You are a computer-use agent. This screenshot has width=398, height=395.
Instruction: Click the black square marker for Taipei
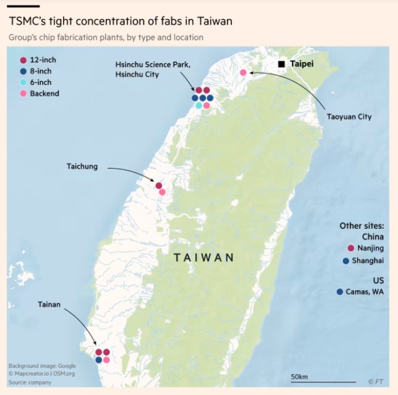coord(281,64)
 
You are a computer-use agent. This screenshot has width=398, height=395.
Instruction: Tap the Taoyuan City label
coord(349,116)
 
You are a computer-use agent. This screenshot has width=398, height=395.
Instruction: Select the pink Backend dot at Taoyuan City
coord(243,72)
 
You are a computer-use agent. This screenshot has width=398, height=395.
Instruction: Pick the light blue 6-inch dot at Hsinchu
coord(199,106)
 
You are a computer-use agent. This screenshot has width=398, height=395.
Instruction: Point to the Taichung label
coord(82,166)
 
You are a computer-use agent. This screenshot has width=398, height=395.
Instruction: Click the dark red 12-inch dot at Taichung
coord(159,185)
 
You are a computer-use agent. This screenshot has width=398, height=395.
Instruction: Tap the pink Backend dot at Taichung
coord(162,192)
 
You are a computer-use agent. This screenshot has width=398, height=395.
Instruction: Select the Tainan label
coord(49,304)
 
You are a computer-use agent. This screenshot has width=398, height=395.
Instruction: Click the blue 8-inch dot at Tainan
coord(99,360)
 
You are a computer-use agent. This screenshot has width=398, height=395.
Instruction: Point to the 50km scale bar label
coord(299,377)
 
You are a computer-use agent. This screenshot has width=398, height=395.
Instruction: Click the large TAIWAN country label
coord(204,257)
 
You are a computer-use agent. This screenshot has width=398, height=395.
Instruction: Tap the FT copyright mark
coord(375,382)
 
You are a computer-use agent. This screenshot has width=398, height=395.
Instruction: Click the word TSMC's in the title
coord(28,21)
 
